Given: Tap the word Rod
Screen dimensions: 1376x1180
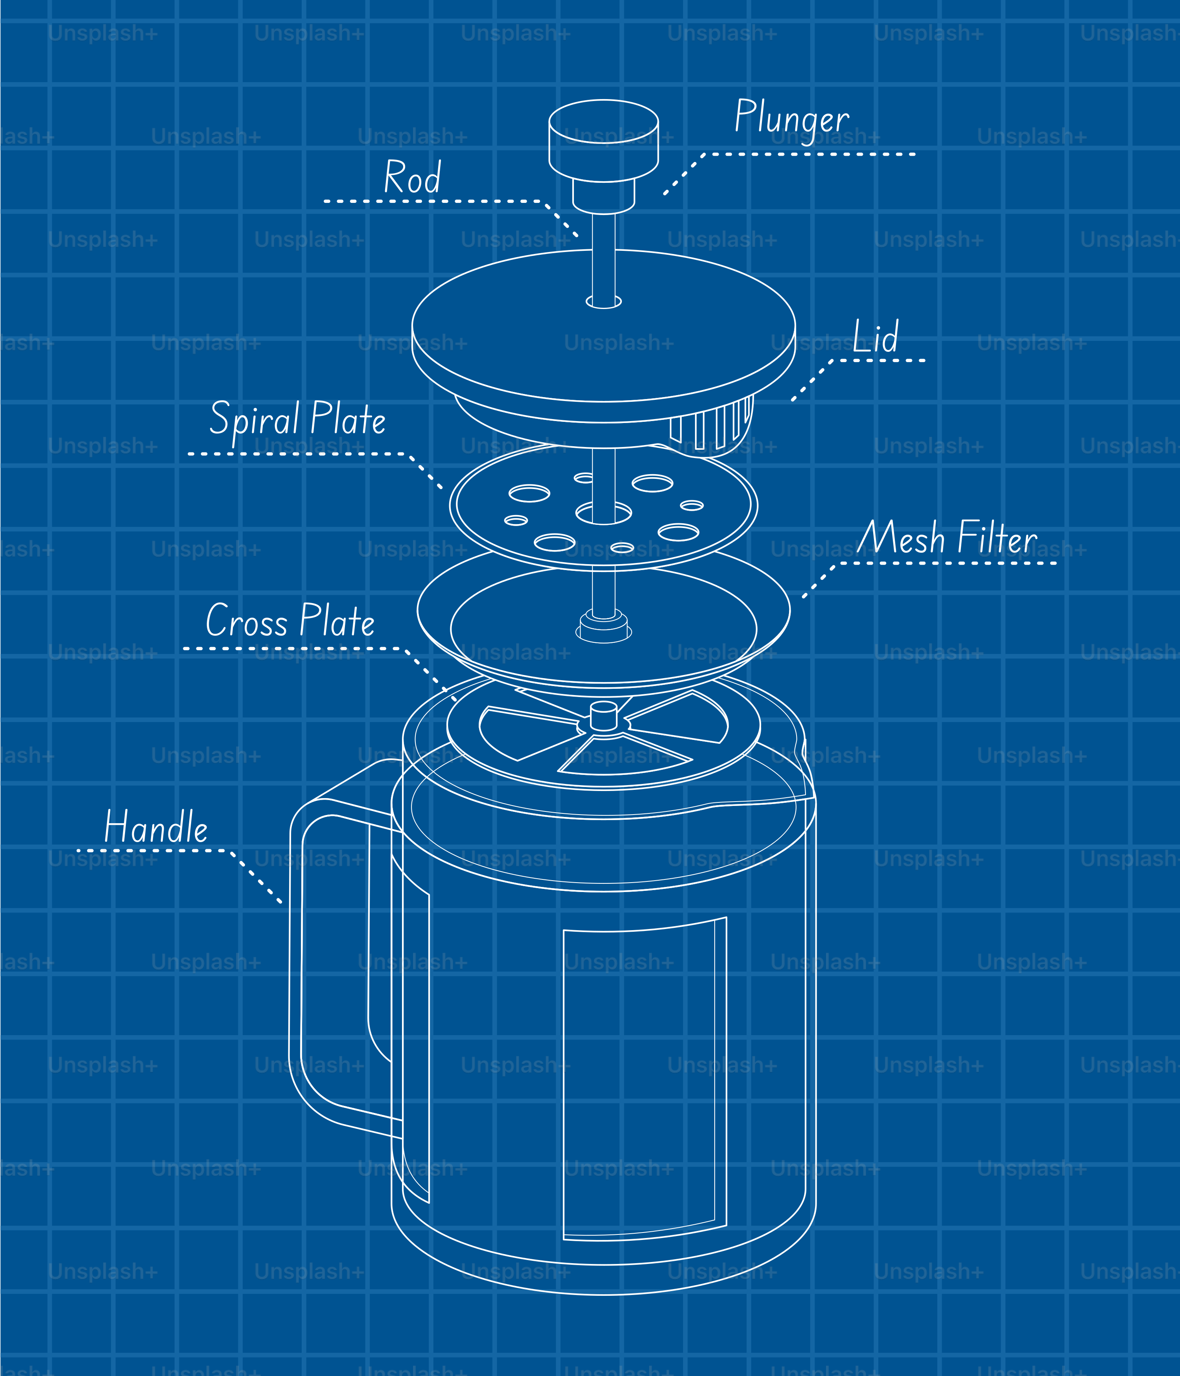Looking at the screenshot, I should click(412, 178).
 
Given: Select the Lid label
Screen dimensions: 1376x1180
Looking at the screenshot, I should click(876, 337).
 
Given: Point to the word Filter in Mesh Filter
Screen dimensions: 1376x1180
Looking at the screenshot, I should click(997, 538).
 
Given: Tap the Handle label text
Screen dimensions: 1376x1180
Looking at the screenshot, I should click(156, 828).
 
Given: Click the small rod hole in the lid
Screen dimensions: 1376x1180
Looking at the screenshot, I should click(603, 303).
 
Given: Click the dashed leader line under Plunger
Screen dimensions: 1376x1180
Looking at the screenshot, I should click(811, 154).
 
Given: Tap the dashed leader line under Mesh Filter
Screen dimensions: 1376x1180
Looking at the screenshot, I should click(950, 563).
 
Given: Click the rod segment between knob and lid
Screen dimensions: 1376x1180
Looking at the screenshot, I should click(603, 232).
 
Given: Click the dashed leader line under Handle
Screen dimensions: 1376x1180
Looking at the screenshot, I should click(153, 850).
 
